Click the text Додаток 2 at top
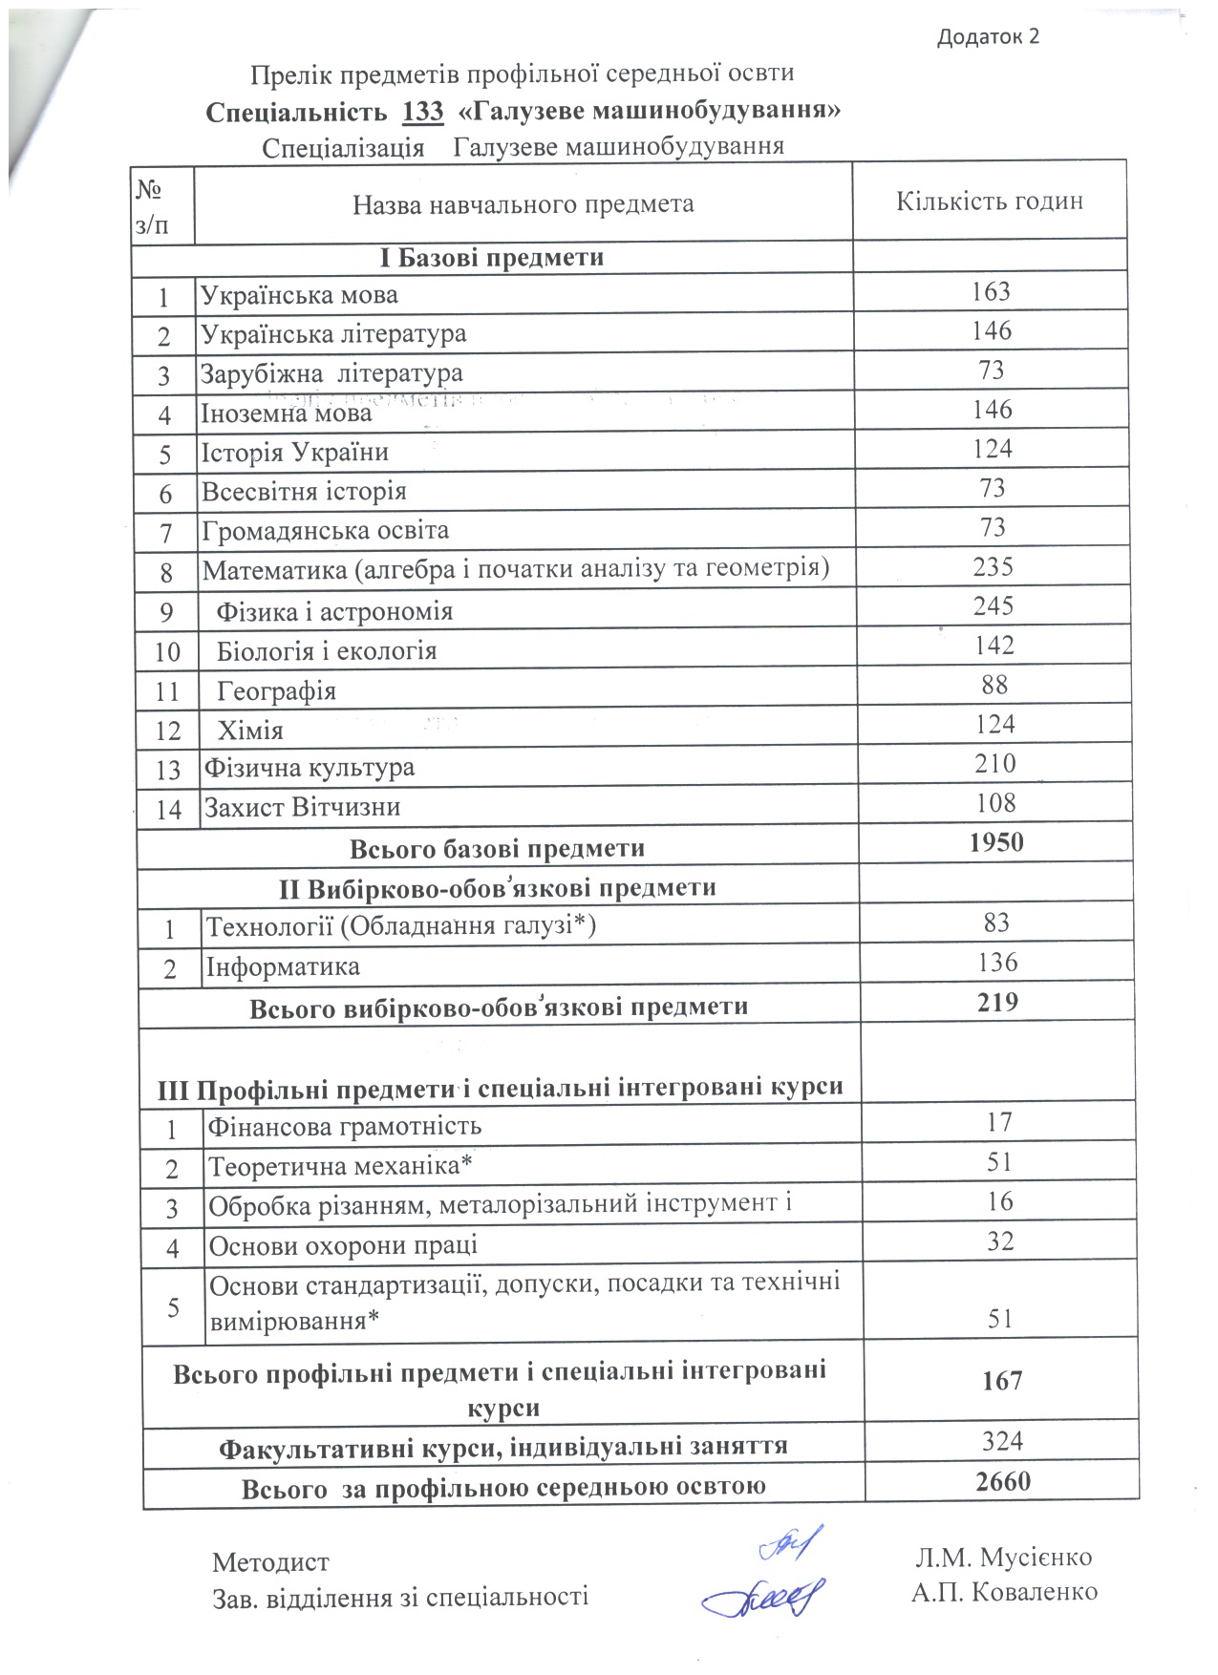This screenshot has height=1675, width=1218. tap(988, 37)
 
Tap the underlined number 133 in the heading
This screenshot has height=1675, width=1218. tap(423, 112)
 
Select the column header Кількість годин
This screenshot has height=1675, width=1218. tap(989, 201)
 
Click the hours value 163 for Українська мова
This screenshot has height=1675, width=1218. tap(991, 291)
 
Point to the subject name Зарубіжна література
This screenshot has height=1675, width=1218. tap(331, 373)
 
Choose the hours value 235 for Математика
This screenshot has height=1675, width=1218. tap(993, 566)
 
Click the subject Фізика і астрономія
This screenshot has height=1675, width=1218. tap(334, 611)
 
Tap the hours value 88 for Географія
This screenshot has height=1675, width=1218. tap(994, 685)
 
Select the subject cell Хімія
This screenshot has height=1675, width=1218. tap(250, 731)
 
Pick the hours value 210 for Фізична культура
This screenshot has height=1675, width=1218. tap(995, 763)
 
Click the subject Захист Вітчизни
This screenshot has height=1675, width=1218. tap(302, 808)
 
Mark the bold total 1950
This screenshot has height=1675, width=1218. tap(996, 842)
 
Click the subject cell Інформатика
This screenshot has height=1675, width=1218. tap(284, 967)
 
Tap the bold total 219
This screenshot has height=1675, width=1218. tap(998, 1002)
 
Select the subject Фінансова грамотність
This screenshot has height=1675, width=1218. tap(345, 1127)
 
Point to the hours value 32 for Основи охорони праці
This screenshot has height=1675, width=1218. tap(1000, 1240)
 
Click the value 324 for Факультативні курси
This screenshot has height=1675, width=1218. tap(1002, 1441)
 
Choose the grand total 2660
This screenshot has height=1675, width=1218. tap(1003, 1481)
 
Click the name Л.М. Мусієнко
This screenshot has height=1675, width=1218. tap(1003, 1558)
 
